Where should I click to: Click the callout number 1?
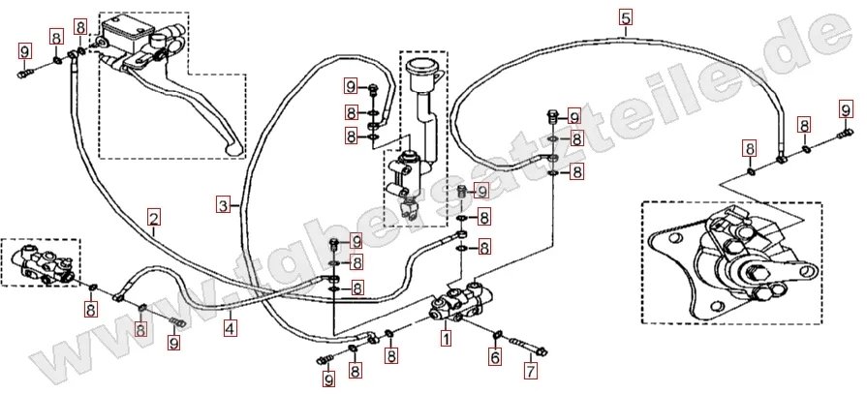pyautogui.click(x=446, y=339)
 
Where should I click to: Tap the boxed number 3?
pyautogui.click(x=224, y=205)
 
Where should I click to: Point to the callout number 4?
pyautogui.click(x=230, y=328)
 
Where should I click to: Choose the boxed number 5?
pyautogui.click(x=625, y=17)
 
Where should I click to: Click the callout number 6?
pyautogui.click(x=495, y=357)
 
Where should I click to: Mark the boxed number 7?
pyautogui.click(x=530, y=370)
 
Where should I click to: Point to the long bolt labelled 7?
pyautogui.click(x=529, y=345)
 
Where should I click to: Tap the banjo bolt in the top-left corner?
pyautogui.click(x=24, y=72)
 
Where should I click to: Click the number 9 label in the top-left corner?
pyautogui.click(x=24, y=51)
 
